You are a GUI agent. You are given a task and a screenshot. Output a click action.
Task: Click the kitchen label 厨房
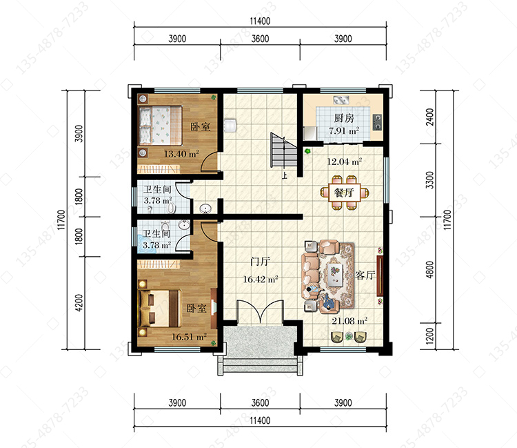click(344, 118)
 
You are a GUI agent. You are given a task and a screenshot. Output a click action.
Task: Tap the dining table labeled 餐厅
click(344, 193)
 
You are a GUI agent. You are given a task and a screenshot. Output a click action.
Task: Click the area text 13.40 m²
click(181, 154)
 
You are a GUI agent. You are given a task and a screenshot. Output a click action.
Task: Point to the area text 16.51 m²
click(189, 337)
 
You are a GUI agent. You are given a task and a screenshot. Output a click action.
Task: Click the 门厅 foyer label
click(260, 262)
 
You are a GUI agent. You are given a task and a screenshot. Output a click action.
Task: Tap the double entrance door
click(260, 311)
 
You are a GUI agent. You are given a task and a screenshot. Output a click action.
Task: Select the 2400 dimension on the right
click(429, 117)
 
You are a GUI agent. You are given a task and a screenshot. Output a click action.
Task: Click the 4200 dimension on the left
click(79, 302)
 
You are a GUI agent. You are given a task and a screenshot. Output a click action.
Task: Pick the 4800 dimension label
click(429, 270)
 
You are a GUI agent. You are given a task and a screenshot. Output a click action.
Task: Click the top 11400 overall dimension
click(260, 21)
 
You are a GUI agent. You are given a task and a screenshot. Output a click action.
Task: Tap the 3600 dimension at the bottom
click(260, 402)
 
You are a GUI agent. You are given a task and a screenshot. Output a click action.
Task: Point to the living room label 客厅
click(365, 275)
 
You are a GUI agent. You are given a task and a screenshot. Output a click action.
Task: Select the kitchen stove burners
click(378, 122)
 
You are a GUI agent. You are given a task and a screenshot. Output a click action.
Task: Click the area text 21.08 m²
click(349, 321)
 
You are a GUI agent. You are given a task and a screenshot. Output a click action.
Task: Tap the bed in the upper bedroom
click(160, 126)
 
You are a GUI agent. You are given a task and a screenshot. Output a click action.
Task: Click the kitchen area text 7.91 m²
click(344, 130)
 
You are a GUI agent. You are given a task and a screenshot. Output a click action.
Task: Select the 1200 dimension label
click(429, 336)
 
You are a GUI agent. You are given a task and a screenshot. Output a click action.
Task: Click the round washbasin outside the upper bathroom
click(205, 208)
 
